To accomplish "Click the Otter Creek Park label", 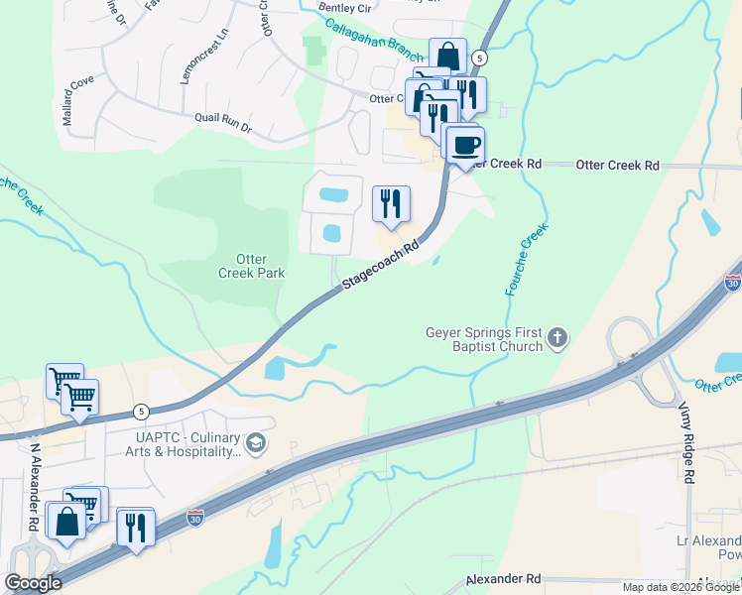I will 251,266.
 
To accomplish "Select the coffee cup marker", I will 465,146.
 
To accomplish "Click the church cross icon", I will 557,339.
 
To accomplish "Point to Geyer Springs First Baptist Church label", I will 484,339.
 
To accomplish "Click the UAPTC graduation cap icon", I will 256,443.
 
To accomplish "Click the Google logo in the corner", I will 33,582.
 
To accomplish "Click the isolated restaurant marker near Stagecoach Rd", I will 391,203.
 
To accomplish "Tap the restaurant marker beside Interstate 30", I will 135,526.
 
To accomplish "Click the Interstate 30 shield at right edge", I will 733,283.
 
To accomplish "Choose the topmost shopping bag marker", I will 447,56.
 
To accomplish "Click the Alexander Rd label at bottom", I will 506,577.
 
